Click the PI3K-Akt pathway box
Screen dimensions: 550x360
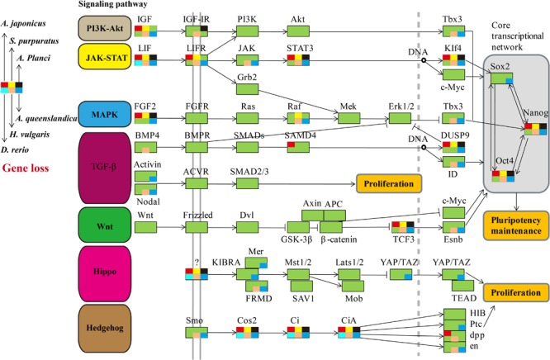105,28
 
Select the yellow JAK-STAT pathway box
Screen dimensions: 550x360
105,56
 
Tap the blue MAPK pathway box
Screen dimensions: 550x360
105,114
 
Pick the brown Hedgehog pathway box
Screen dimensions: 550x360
105,328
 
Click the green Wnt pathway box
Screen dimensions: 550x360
105,225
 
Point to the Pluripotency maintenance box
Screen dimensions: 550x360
516,225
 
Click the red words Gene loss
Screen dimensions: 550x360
26,168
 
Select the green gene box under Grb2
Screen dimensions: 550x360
247,89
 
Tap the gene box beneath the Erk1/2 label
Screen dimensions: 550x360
400,118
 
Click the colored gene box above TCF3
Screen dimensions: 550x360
403,227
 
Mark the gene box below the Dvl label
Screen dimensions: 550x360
247,227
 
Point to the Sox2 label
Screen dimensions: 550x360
500,67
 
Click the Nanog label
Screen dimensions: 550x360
535,112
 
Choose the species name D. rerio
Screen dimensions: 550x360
15,149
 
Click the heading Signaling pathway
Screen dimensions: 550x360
112,5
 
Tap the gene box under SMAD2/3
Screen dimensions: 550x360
247,183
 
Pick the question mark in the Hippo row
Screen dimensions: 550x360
197,262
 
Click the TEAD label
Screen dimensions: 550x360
464,298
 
